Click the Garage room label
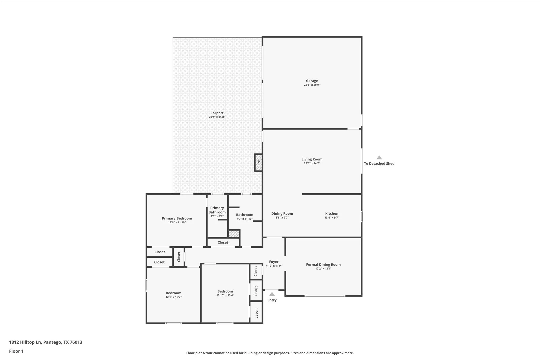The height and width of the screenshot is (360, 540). (x=312, y=81)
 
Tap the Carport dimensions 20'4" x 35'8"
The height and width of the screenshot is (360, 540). (x=217, y=117)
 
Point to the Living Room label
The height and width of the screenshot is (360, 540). (x=312, y=159)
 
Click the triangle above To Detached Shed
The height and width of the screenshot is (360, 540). (x=379, y=158)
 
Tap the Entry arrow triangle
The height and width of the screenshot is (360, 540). (x=272, y=294)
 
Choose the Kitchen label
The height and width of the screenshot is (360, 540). (x=331, y=214)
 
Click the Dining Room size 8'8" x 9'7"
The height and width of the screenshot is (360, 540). (x=282, y=218)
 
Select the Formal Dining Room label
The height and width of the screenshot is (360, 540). (x=323, y=265)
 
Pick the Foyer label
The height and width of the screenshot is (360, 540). (x=274, y=262)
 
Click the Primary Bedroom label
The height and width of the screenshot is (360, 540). (x=177, y=218)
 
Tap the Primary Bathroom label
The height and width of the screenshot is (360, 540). (x=217, y=210)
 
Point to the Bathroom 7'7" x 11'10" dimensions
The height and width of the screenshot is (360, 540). (x=244, y=219)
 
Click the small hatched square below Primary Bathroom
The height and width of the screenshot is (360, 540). (x=234, y=234)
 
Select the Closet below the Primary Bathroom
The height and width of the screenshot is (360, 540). (x=223, y=242)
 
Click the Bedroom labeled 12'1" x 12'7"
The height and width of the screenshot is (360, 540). (x=173, y=293)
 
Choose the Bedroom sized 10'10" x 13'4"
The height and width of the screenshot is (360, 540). (x=225, y=291)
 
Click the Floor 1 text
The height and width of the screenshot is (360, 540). (x=16, y=351)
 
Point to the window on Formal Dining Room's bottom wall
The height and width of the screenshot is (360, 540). (x=325, y=296)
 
